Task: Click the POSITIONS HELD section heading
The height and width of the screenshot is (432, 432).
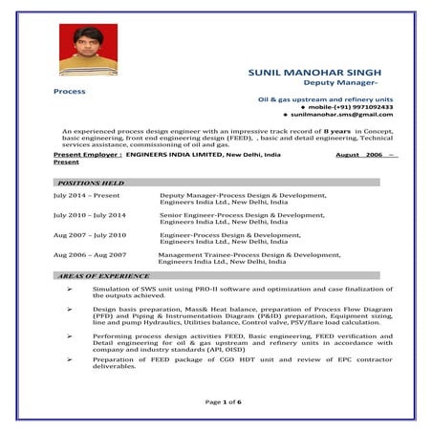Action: tap(91, 182)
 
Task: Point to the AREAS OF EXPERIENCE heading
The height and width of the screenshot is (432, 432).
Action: tap(104, 275)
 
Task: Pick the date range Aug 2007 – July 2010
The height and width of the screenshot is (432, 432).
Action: tap(89, 235)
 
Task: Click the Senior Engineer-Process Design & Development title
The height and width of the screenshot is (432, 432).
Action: tap(243, 215)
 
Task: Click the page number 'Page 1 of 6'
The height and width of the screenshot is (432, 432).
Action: tap(225, 401)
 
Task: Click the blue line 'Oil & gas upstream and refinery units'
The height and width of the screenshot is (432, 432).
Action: tap(325, 98)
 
